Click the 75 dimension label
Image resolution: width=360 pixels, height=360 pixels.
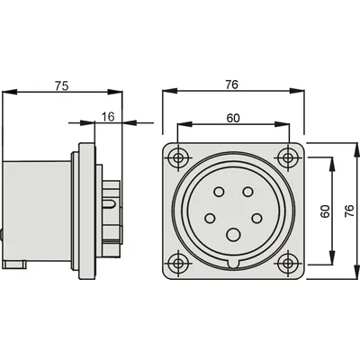pos(62,85)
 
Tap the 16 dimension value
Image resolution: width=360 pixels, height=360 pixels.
pos(108,117)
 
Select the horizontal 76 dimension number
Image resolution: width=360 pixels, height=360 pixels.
pos(232,85)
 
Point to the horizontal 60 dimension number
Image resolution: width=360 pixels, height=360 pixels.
pos(233,118)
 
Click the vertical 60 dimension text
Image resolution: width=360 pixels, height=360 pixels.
pos(325,211)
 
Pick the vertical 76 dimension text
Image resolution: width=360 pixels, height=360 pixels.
pos(350,211)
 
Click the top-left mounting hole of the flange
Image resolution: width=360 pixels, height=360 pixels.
pos(179,157)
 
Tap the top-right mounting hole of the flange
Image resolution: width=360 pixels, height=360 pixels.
pos(288,157)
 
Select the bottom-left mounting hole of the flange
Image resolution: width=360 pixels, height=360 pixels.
pos(179,263)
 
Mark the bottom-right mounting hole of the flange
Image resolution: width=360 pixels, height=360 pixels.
pos(288,263)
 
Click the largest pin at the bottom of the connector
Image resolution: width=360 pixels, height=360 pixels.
pos(233,235)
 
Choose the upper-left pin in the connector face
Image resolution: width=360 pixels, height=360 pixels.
pos(219,192)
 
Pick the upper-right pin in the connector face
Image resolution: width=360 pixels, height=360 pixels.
pos(247,192)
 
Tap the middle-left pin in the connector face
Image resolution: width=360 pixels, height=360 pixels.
pos(210,218)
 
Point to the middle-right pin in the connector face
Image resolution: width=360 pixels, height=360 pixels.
pos(256,218)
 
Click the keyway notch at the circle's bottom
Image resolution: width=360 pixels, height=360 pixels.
pos(233,264)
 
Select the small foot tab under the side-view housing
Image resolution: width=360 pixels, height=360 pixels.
pos(14,265)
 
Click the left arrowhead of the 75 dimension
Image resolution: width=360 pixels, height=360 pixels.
pos(9,92)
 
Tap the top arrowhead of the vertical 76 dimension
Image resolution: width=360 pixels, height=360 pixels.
pos(356,149)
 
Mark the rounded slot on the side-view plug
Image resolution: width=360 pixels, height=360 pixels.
pos(109,204)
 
